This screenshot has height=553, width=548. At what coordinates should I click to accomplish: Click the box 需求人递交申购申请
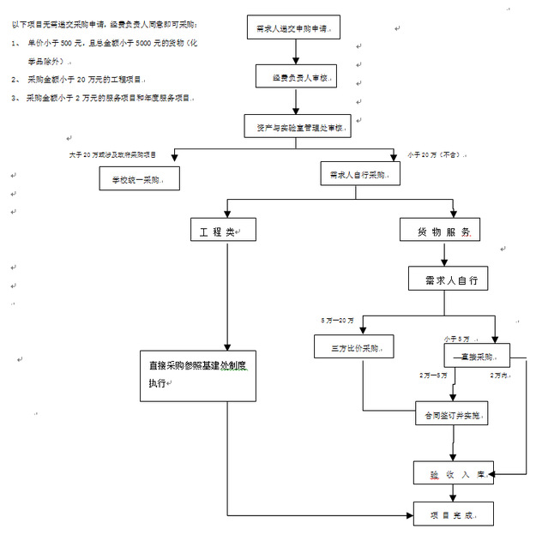293,29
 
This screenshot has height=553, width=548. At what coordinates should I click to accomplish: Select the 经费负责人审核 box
294,77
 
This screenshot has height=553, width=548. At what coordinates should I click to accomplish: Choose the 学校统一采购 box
140,179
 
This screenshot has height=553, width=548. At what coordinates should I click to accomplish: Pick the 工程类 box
223,231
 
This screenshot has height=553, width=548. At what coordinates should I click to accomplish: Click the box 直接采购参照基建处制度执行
198,375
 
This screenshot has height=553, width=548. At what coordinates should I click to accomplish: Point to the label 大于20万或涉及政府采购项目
112,154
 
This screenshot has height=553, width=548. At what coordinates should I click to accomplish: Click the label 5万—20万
337,320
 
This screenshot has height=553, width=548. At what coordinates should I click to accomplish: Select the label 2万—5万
433,376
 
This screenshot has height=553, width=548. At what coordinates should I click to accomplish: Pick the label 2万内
499,376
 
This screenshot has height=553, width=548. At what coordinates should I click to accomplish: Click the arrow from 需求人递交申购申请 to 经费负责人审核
294,53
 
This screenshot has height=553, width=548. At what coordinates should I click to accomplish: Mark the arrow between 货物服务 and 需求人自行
443,254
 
